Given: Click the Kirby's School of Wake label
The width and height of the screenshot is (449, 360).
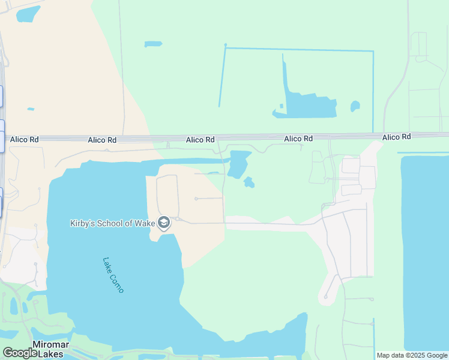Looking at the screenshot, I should pos(112,224).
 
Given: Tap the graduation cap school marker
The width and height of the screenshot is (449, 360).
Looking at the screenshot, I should pos(163,224).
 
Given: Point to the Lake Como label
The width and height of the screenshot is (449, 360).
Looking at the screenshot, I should pos(113,275).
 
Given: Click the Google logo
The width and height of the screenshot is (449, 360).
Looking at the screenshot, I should pos(19,353).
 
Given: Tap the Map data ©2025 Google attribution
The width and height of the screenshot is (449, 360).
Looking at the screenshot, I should pos(412,355).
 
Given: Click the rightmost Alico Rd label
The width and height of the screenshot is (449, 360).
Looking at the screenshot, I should pos(396,137).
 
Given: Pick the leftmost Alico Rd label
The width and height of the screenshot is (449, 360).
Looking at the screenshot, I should pos(25,140).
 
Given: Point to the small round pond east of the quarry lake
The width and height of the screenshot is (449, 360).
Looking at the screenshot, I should pos(355,106).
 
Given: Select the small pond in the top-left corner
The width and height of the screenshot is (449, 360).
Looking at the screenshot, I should pos(28,14).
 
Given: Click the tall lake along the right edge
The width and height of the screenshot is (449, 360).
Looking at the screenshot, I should pos(424,252).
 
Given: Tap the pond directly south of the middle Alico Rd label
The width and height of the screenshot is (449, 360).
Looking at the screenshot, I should pos(238,164).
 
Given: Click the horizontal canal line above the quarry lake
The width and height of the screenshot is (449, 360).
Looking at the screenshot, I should pos(299,49).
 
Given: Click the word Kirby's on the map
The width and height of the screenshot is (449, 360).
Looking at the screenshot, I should pos(82,224).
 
